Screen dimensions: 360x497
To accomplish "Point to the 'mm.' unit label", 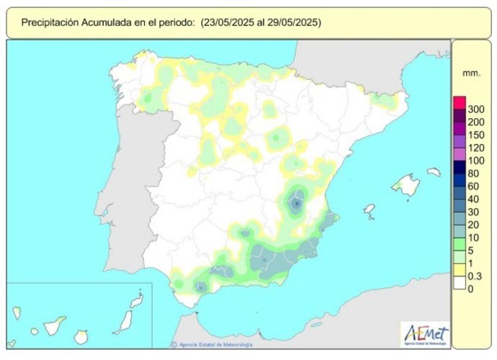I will (472, 73).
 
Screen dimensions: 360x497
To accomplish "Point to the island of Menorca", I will (434, 172).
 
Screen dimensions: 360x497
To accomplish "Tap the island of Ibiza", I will (370, 210).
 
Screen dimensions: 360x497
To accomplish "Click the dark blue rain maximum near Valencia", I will (297, 204).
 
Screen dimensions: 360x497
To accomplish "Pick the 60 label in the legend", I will (474, 186).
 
